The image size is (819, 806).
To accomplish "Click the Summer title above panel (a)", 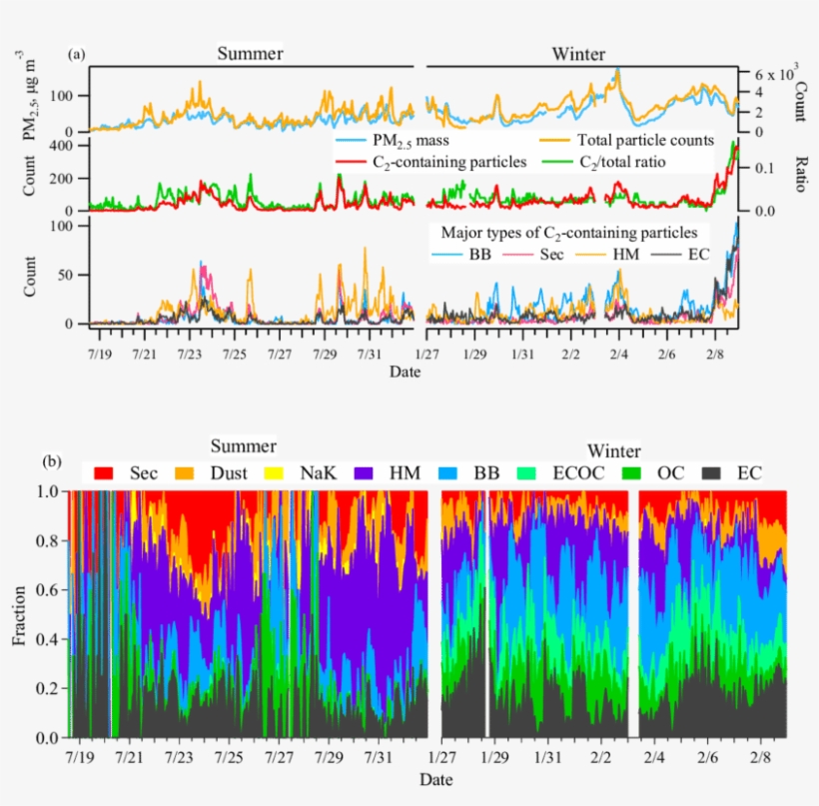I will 252,53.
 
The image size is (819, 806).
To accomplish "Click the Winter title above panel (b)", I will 613,450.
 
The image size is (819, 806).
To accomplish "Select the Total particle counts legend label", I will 642,141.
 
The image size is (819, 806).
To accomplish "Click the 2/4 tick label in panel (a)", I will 618,355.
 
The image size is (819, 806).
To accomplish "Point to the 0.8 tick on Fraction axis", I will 48,541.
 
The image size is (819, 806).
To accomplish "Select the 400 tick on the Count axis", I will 64,145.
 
